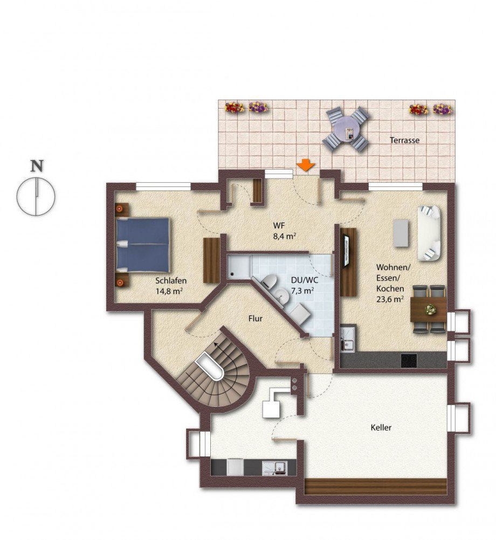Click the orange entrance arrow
(306, 165)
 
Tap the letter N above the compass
(37, 166)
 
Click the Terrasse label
(405, 141)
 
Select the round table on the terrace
(346, 129)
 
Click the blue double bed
(142, 245)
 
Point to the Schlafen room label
(171, 281)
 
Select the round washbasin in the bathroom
(283, 296)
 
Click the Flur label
(255, 319)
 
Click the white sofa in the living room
(429, 233)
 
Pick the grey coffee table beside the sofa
(401, 233)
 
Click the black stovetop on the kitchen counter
(409, 361)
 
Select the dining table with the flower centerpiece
(429, 309)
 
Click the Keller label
(381, 428)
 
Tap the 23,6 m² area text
(390, 299)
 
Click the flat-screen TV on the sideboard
(347, 250)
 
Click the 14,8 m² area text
(169, 292)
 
